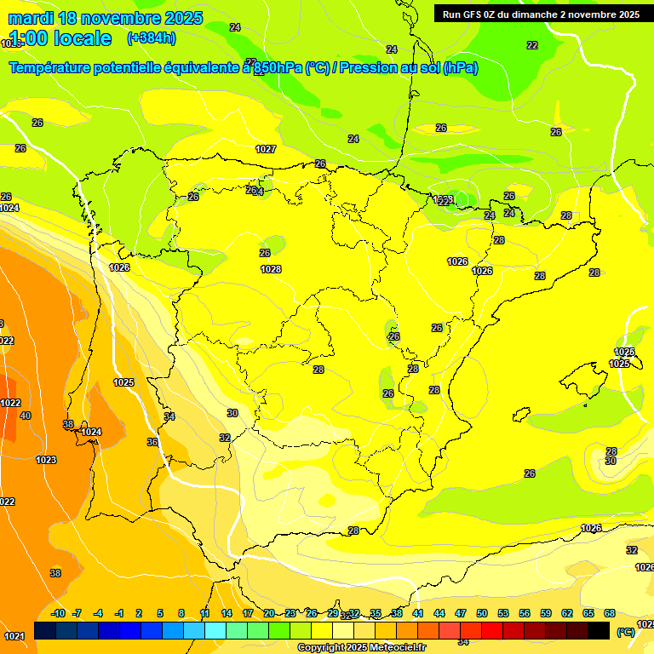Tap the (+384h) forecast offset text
click(x=151, y=38)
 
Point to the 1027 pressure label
click(x=266, y=149)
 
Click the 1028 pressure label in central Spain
click(x=271, y=269)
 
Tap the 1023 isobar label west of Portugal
click(x=46, y=460)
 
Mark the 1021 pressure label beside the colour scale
click(x=14, y=636)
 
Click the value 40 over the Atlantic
click(x=26, y=416)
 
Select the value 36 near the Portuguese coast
click(x=152, y=442)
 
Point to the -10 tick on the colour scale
click(x=58, y=613)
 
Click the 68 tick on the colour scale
click(x=610, y=613)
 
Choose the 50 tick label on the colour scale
click(x=482, y=613)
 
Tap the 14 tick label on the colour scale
click(x=227, y=613)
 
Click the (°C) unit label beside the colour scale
click(x=626, y=632)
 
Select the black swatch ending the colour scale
click(x=599, y=630)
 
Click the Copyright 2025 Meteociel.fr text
click(x=362, y=647)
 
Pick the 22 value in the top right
click(x=532, y=45)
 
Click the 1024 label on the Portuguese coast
click(x=91, y=432)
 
